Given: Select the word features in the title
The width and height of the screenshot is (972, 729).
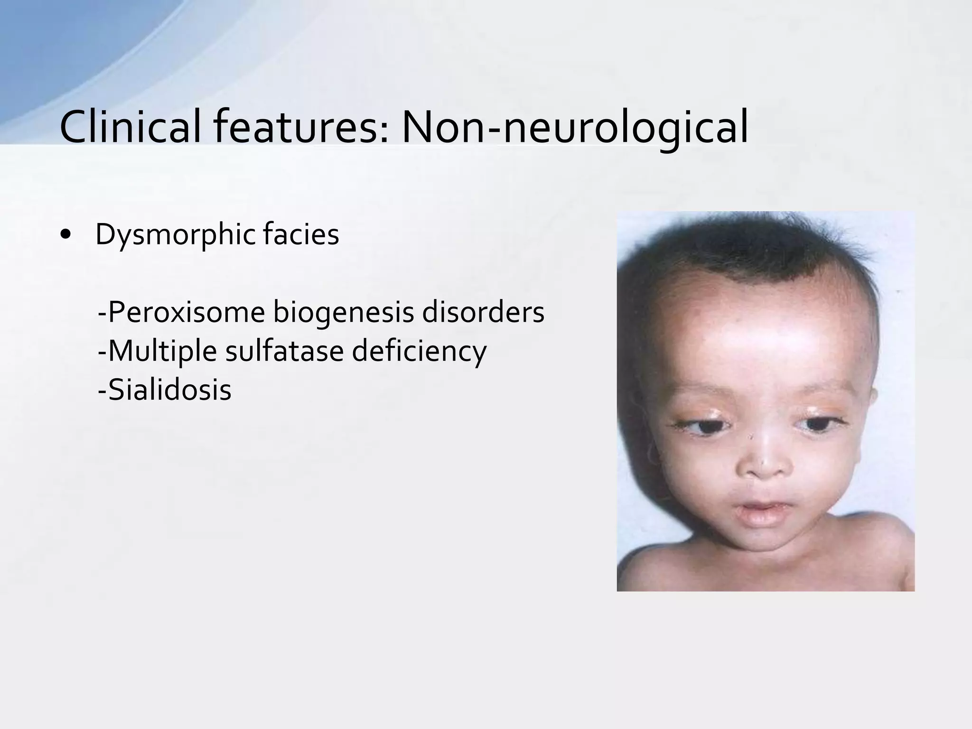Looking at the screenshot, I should [x=299, y=127].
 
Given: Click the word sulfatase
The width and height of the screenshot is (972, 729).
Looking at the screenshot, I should [x=284, y=351].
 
